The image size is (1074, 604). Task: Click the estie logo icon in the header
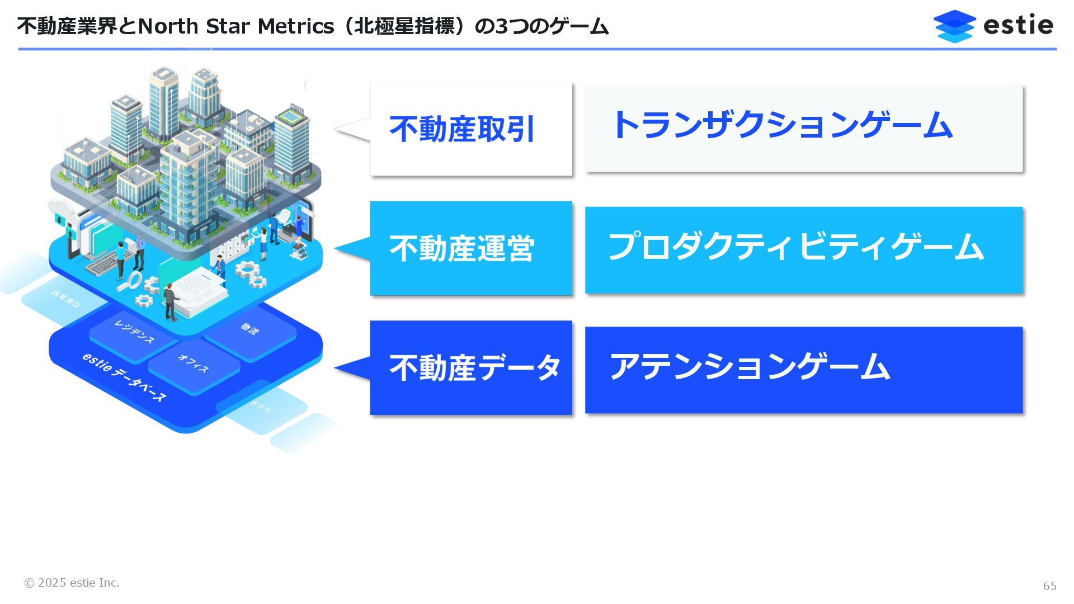(x=954, y=26)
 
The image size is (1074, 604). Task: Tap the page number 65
(x=1049, y=586)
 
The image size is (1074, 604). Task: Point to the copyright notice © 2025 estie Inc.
(x=72, y=583)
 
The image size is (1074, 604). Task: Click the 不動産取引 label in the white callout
(x=462, y=129)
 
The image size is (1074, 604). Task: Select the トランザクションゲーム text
(x=782, y=125)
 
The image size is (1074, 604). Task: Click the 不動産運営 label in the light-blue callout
(x=462, y=248)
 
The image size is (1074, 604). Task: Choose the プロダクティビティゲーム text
(x=795, y=247)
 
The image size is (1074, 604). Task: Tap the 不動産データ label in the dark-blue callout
(x=474, y=368)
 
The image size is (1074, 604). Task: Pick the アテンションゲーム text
(x=750, y=367)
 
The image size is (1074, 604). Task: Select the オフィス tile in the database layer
(x=194, y=364)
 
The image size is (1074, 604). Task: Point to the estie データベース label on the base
(x=124, y=376)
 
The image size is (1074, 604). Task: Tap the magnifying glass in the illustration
(x=134, y=280)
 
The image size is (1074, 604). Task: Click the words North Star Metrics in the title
(x=235, y=26)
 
